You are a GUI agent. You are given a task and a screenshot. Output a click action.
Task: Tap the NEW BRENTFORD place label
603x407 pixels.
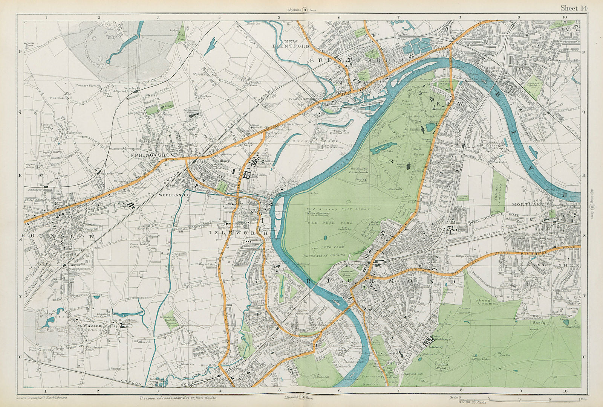tap(296, 44)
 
